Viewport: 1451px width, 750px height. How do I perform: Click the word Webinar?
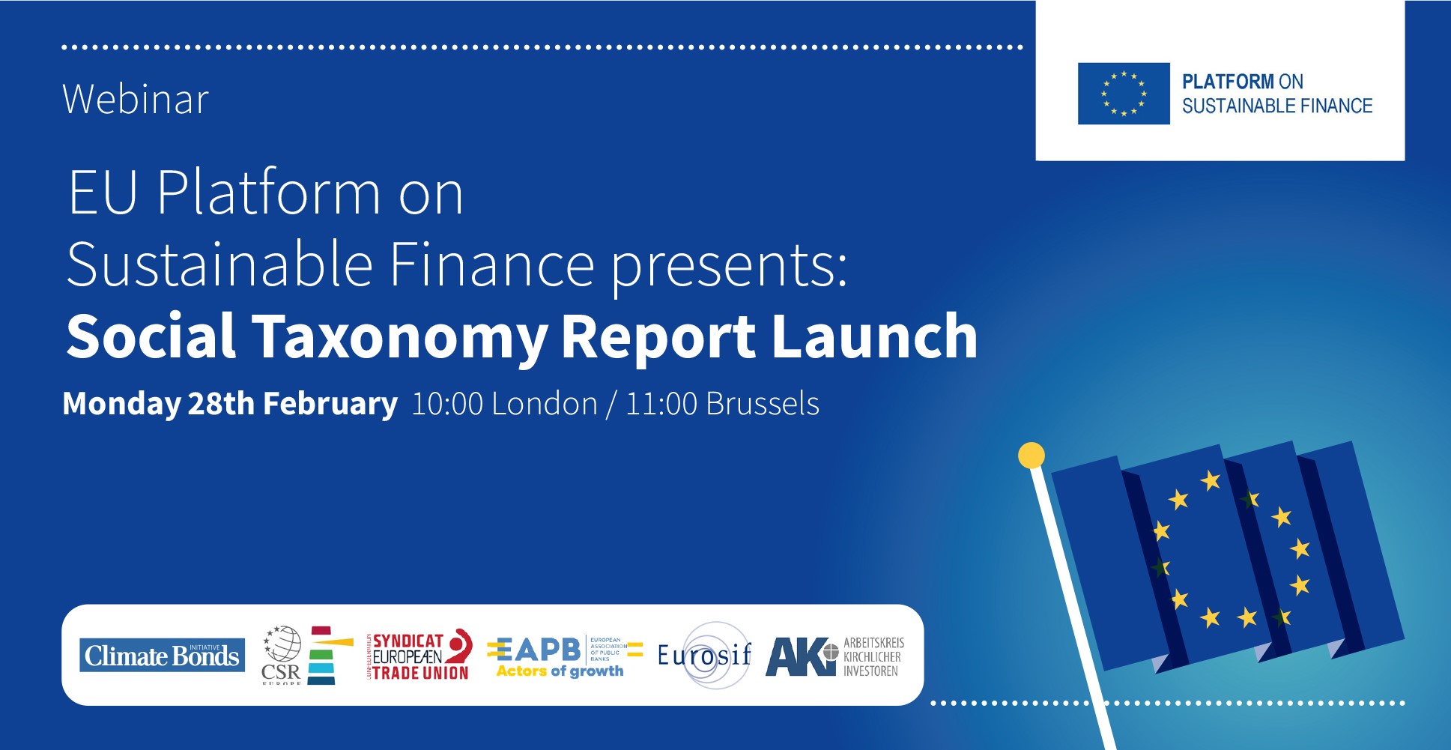pos(136,100)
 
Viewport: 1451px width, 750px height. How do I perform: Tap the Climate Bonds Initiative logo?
pos(162,656)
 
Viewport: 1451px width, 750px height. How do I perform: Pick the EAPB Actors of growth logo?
pos(563,656)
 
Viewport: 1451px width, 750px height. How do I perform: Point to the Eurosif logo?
pos(704,656)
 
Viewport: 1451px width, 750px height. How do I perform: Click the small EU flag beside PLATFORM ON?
pos(1123,94)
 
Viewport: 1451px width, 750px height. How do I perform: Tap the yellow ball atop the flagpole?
pos(1032,455)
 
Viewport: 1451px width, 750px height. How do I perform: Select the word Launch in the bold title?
pos(874,336)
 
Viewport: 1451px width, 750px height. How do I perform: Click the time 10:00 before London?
pos(447,405)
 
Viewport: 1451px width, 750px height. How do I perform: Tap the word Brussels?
pos(763,405)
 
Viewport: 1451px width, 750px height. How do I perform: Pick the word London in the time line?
pos(545,405)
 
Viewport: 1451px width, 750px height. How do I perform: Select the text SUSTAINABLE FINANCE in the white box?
pos(1276,106)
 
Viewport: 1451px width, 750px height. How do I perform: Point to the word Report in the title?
pos(658,338)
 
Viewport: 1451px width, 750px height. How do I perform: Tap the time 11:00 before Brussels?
pos(661,405)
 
